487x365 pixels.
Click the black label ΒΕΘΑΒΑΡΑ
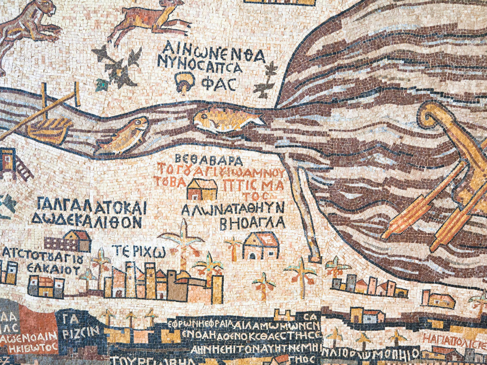(x=209, y=159)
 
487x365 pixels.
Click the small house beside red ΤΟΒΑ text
(x=202, y=189)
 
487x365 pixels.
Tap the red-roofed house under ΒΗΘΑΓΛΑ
(x=261, y=245)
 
